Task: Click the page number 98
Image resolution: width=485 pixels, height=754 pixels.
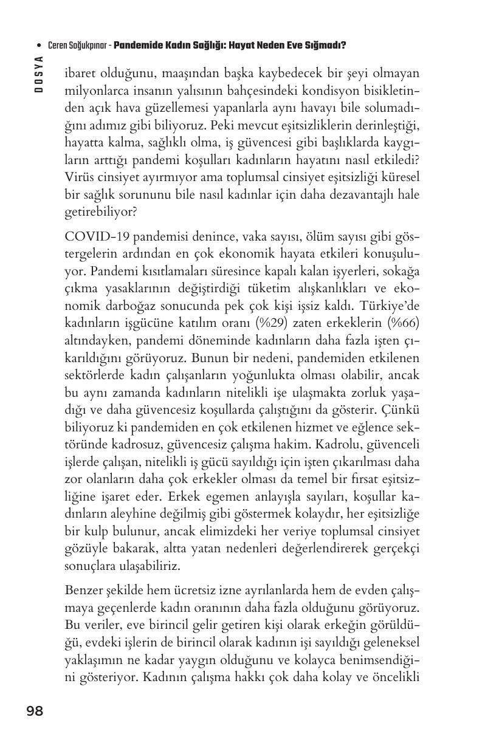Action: point(35,711)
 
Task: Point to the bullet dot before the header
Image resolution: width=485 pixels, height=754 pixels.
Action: point(40,46)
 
